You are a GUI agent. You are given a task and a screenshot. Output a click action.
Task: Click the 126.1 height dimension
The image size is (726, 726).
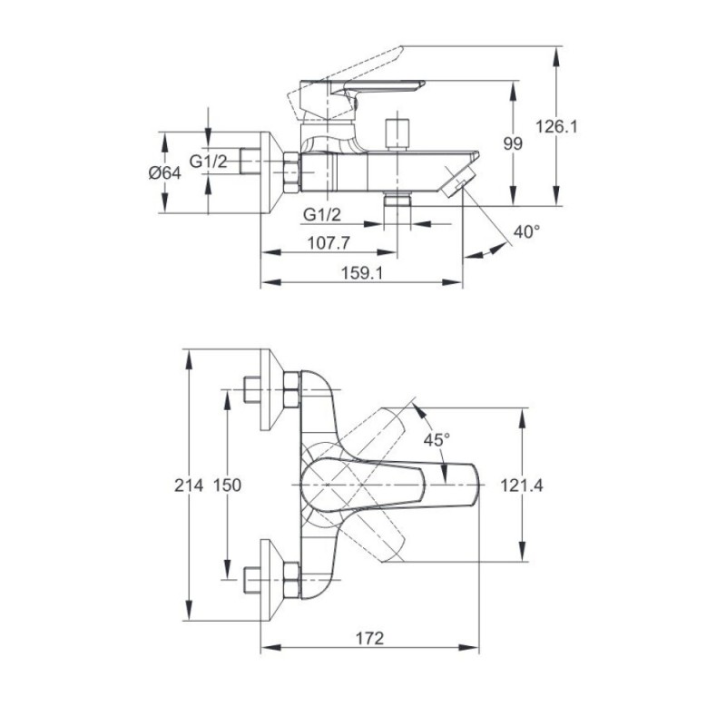pos(556,126)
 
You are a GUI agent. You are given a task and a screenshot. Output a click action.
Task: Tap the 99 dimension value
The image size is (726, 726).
pos(513,144)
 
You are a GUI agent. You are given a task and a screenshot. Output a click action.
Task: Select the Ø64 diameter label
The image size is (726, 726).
pos(165,173)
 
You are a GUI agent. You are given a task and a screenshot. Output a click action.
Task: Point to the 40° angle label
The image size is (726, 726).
pos(527,231)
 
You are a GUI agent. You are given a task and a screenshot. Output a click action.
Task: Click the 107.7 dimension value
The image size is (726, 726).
pos(329,242)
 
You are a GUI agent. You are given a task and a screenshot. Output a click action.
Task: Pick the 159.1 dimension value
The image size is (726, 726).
pos(362,273)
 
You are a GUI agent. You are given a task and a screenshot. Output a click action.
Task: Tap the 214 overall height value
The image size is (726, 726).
pos(189,486)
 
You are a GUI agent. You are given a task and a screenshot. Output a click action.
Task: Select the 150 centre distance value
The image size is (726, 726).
pos(227,486)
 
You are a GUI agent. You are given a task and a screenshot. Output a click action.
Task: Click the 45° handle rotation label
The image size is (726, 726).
pos(437,440)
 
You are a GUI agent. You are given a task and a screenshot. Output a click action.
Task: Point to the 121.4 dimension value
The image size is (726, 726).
pos(522,486)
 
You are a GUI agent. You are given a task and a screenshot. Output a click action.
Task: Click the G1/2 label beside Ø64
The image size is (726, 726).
pos(209,162)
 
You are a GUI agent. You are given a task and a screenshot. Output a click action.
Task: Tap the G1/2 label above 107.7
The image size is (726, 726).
pos(322,214)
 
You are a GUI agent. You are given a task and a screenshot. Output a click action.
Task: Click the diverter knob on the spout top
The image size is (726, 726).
pos(397,134)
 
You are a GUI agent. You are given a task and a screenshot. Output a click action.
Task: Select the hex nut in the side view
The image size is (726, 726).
pos(291,172)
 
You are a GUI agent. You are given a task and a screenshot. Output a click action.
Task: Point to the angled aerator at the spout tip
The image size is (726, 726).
pos(458,181)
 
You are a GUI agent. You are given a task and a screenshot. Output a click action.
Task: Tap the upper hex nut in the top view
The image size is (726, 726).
pos(291,390)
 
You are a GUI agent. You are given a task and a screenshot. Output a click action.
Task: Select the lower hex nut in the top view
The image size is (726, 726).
pos(291,580)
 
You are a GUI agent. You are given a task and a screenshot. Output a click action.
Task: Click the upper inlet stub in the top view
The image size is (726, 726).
pos(252,390)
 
